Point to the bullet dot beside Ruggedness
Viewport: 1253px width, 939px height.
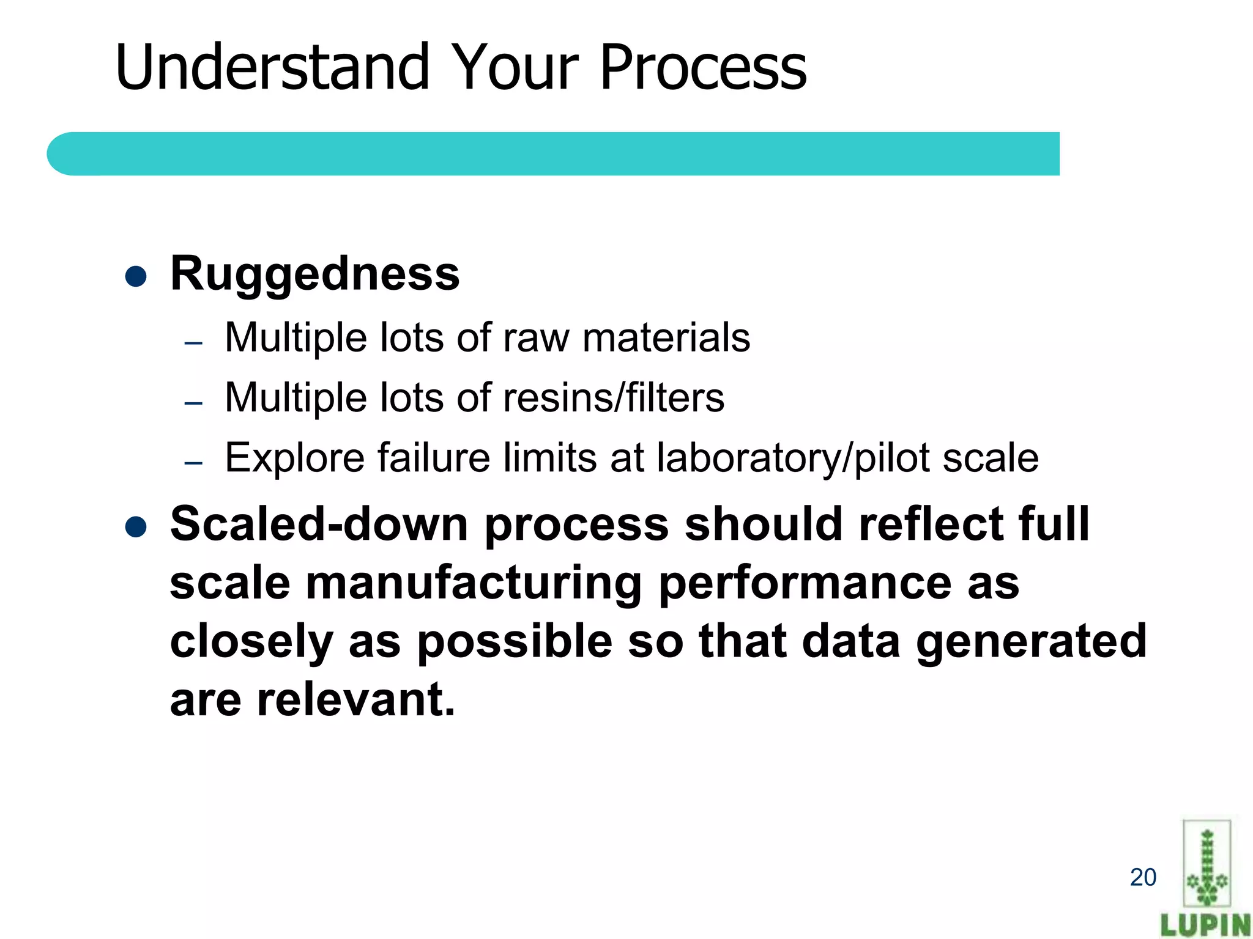[135, 276]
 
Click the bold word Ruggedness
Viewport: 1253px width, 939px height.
[314, 273]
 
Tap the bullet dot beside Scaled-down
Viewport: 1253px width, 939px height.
[135, 526]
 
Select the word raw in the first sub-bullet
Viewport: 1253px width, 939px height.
[535, 338]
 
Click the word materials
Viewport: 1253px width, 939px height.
[666, 338]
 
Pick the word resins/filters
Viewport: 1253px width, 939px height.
[613, 398]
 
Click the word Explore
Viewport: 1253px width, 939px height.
[296, 458]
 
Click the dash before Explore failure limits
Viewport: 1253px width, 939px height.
[193, 463]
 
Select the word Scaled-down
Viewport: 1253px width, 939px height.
[319, 524]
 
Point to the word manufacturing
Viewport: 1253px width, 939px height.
[474, 583]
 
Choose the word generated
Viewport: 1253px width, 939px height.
[1030, 641]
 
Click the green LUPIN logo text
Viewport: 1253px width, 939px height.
[1205, 925]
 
